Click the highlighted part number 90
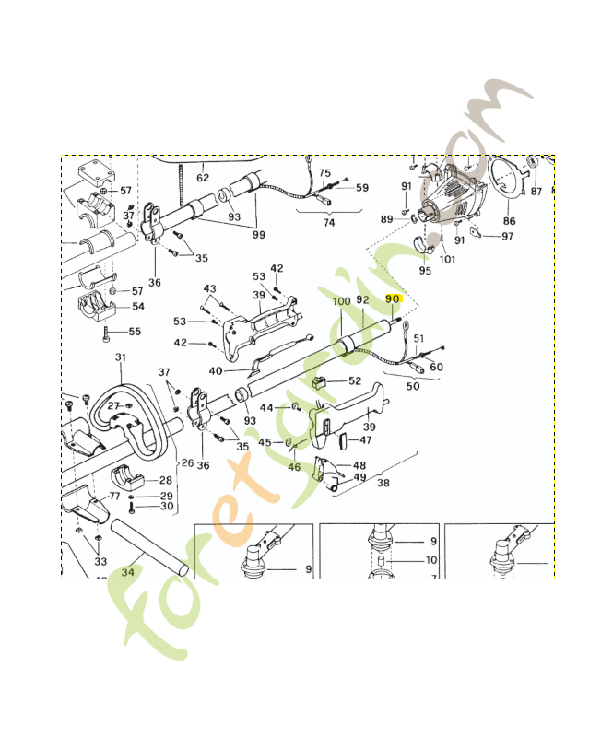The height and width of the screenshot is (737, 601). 393,298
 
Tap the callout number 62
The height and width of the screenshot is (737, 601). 203,178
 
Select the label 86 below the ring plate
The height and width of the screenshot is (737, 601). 510,220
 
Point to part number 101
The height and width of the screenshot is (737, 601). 447,259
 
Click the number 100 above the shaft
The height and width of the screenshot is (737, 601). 341,301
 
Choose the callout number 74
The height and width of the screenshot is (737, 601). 329,222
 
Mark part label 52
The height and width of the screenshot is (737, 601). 355,380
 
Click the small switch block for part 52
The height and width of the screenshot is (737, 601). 319,382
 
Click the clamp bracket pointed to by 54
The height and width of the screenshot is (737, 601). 97,306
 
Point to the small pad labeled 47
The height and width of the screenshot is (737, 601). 342,442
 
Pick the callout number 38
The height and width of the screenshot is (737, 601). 383,483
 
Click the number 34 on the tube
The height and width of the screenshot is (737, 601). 128,572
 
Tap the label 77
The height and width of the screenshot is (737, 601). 114,496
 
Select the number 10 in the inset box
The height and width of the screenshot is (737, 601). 431,560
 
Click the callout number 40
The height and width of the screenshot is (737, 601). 216,371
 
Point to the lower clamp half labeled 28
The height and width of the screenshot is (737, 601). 127,478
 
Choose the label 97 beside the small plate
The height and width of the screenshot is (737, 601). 507,236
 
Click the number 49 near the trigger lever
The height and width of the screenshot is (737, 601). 359,477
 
